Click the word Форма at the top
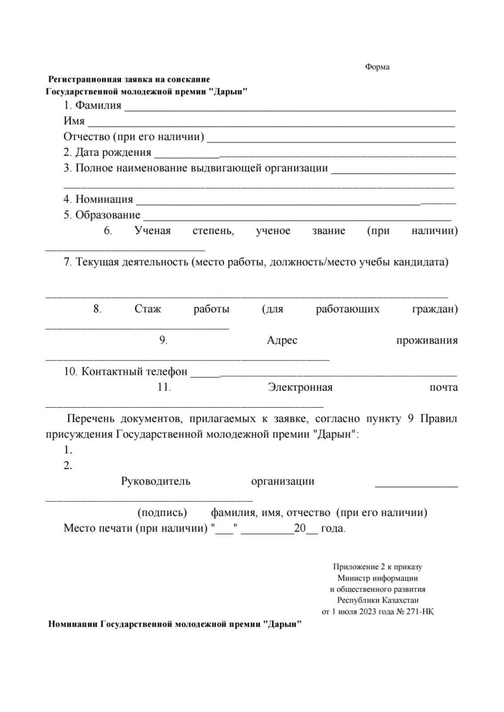[377, 67]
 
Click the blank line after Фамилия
[290, 109]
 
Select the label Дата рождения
[113, 153]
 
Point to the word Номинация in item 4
[104, 199]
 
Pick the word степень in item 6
[213, 231]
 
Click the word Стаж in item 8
[147, 309]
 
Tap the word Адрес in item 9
[282, 340]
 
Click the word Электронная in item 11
[300, 387]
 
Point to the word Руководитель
[155, 481]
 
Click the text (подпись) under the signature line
[162, 513]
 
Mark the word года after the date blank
[333, 529]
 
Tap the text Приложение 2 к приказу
[378, 567]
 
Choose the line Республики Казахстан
[378, 600]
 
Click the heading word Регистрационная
[84, 80]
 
